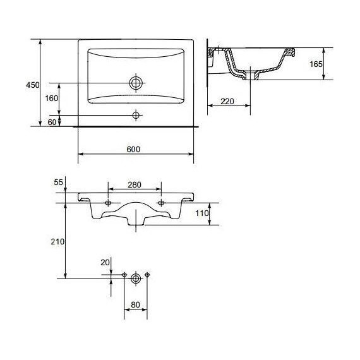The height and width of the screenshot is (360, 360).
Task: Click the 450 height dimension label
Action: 33,85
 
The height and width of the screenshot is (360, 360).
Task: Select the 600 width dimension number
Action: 133,150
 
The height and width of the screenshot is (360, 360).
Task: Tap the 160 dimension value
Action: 51,99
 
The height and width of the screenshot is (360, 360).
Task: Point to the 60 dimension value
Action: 52,123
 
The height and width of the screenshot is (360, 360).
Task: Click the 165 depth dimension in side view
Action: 316,64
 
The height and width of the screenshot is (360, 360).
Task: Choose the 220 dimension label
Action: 227,101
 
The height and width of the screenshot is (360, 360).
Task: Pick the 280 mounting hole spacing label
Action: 135,184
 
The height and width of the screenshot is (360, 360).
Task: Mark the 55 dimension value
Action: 58,183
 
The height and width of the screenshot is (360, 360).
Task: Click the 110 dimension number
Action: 202,213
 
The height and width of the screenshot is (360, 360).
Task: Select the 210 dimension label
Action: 57,241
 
